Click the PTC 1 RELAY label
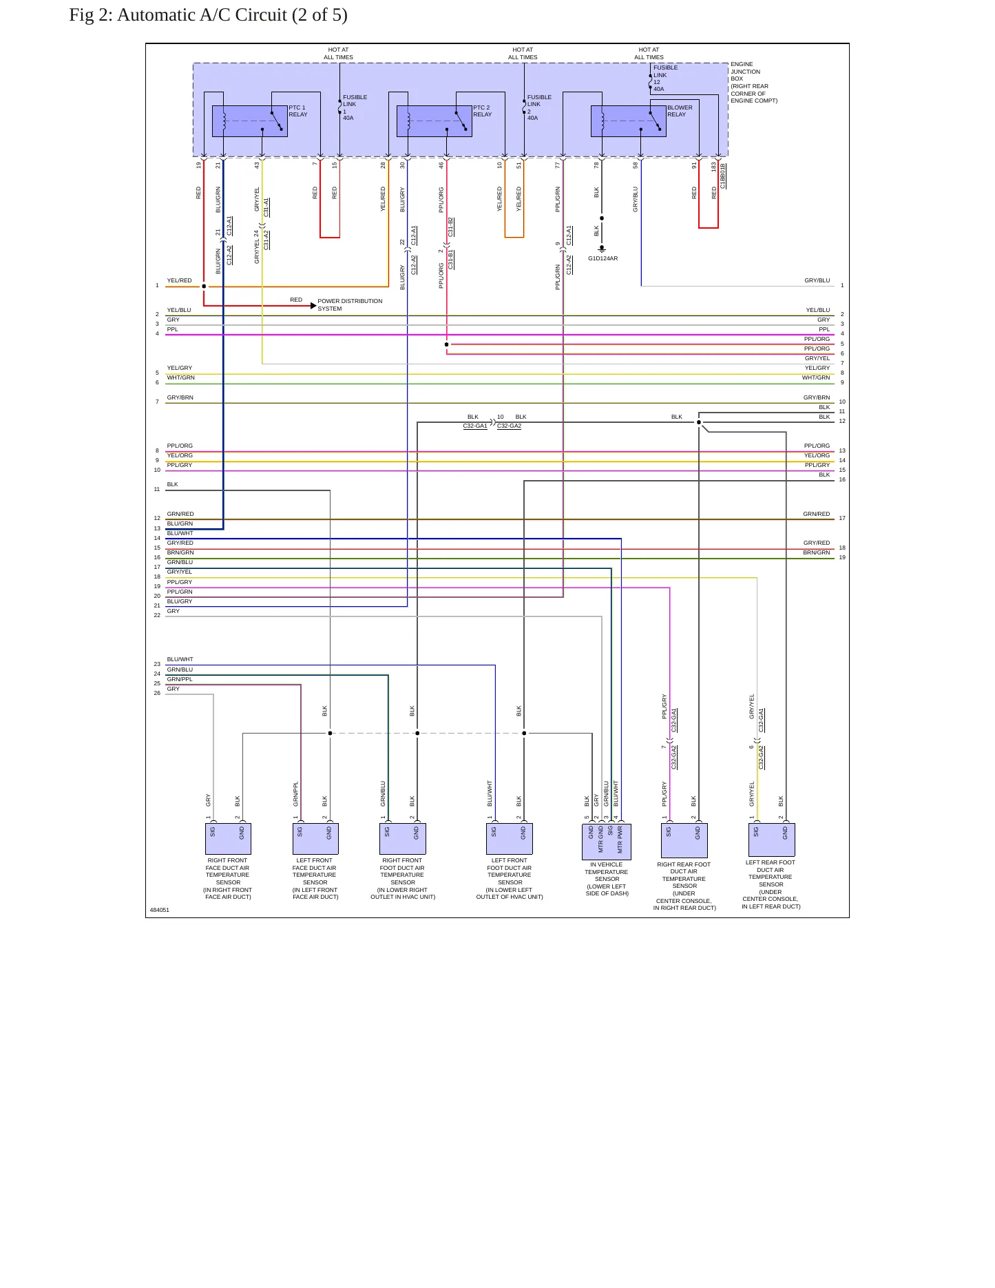pos(298,111)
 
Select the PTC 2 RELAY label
pos(483,111)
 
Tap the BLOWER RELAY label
pos(680,111)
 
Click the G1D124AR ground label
pos(603,258)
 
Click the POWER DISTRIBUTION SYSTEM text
pos(350,304)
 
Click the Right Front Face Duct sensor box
pos(228,839)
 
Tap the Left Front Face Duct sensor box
pos(315,839)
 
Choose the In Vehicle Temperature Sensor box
pos(606,841)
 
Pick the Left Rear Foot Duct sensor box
pos(771,840)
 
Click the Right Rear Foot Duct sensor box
pos(684,840)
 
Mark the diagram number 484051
pos(160,910)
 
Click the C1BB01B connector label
pos(723,176)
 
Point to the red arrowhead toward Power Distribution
pos(313,305)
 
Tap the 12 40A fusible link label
pos(659,85)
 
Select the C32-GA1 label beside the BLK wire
pos(475,426)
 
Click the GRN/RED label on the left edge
pos(180,514)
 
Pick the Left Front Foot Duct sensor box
pos(510,839)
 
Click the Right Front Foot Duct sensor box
pos(403,839)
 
